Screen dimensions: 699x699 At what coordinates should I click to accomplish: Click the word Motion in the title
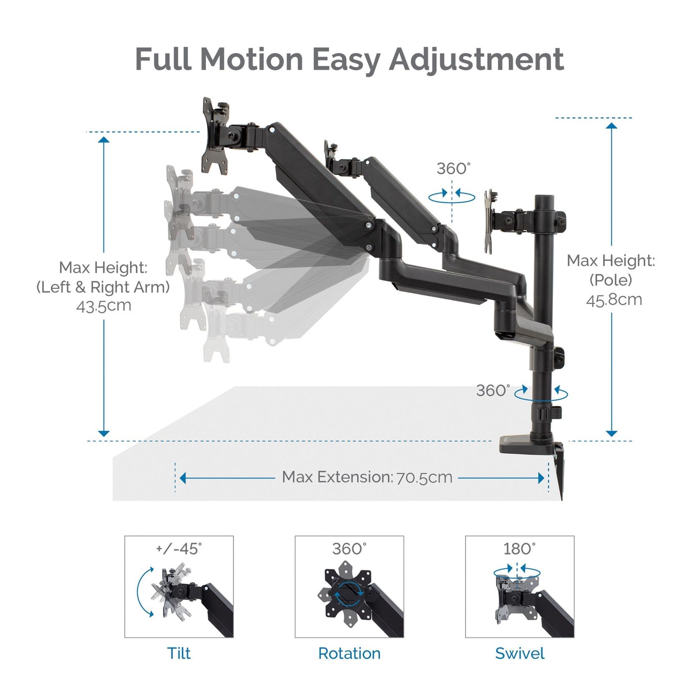251,59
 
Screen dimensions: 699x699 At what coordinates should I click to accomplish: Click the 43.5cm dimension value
103,306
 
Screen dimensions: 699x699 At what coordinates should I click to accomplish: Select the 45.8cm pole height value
614,299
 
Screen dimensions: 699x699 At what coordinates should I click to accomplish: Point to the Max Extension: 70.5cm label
367,477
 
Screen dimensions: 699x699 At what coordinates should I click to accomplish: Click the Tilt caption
179,653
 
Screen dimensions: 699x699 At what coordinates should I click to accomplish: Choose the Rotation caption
349,653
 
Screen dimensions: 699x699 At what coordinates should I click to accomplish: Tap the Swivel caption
520,653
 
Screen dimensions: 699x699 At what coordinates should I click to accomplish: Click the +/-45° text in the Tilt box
179,549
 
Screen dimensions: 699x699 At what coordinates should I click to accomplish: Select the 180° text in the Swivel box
519,549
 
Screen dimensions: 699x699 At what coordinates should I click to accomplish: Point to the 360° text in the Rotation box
349,549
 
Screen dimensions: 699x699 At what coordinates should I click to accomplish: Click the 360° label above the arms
453,169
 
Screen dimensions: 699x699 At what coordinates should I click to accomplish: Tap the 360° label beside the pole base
493,391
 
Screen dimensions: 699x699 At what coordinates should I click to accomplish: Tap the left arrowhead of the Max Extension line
183,478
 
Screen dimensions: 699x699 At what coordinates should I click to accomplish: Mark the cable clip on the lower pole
550,414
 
